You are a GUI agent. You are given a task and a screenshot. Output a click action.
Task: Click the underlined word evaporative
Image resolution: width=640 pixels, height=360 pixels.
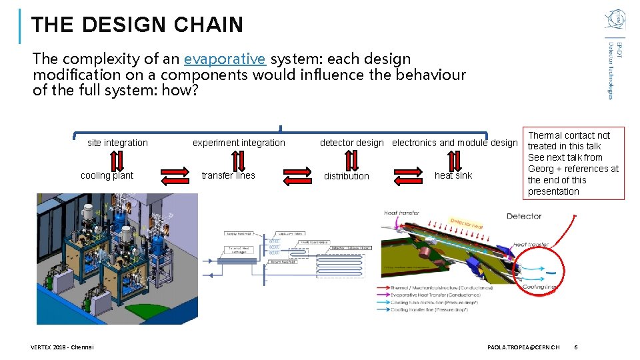coord(225,59)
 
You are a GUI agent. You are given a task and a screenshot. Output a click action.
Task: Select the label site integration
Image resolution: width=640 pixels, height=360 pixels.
coord(117,143)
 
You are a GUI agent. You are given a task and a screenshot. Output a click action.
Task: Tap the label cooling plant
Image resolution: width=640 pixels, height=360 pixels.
coord(107,175)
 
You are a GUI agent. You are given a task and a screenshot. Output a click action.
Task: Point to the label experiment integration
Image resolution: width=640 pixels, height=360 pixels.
coord(239,143)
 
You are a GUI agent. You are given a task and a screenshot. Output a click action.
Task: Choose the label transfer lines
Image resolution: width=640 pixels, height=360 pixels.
coord(227,175)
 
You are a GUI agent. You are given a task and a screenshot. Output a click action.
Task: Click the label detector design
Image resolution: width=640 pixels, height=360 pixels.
coord(352,143)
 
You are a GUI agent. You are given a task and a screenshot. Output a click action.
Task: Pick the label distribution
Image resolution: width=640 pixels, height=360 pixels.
coord(346,176)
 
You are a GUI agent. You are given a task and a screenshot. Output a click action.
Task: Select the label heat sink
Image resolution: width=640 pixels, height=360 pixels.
coord(453,175)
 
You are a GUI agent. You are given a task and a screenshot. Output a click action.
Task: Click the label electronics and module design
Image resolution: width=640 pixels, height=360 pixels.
coord(455,143)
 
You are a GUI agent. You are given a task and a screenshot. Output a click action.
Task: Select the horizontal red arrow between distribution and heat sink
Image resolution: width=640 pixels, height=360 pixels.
coord(409,176)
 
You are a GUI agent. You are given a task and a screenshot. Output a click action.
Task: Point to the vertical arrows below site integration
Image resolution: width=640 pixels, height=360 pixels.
coord(116,160)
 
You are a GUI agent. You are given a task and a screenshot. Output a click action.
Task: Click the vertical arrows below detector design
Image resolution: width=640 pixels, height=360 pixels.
coord(351,160)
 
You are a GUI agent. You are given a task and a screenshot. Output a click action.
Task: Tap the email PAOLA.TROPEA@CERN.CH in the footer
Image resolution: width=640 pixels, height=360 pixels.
coord(523,347)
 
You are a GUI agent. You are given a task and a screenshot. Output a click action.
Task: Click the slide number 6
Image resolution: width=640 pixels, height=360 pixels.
coord(576,347)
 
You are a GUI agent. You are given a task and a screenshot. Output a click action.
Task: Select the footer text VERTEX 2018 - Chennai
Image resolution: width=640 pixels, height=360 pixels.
coord(63,347)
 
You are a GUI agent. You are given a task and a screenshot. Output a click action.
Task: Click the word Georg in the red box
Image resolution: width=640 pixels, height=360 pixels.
coord(541,169)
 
